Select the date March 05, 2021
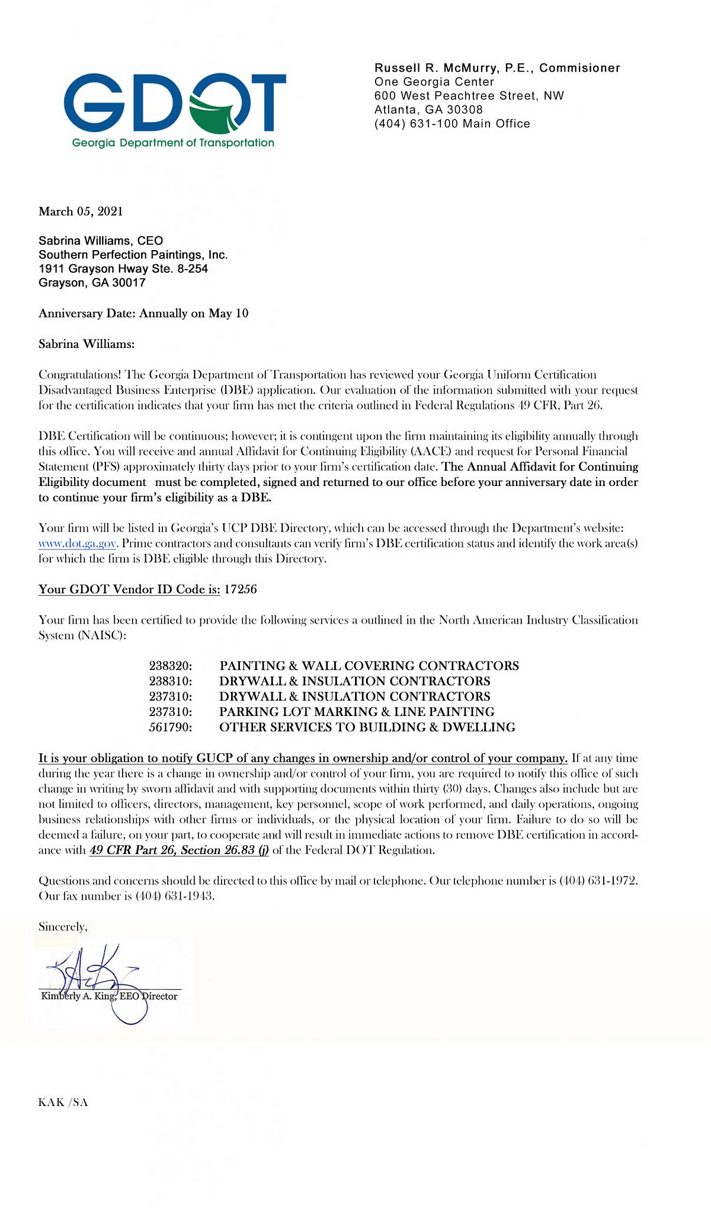pyautogui.click(x=81, y=212)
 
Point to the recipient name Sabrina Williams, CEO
pyautogui.click(x=101, y=241)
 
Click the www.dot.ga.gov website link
pyautogui.click(x=78, y=544)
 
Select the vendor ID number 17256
pyautogui.click(x=241, y=589)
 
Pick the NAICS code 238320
pyautogui.click(x=171, y=666)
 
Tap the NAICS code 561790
pyautogui.click(x=171, y=727)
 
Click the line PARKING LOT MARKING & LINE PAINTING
pyautogui.click(x=357, y=712)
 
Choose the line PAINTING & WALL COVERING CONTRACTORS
pyautogui.click(x=369, y=666)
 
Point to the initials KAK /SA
pyautogui.click(x=63, y=1102)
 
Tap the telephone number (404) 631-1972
pyautogui.click(x=598, y=881)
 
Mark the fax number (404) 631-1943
pyautogui.click(x=175, y=896)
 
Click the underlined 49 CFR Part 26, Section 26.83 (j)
pyautogui.click(x=179, y=850)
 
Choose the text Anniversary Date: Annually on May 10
pyautogui.click(x=143, y=314)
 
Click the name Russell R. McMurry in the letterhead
pyautogui.click(x=436, y=68)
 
